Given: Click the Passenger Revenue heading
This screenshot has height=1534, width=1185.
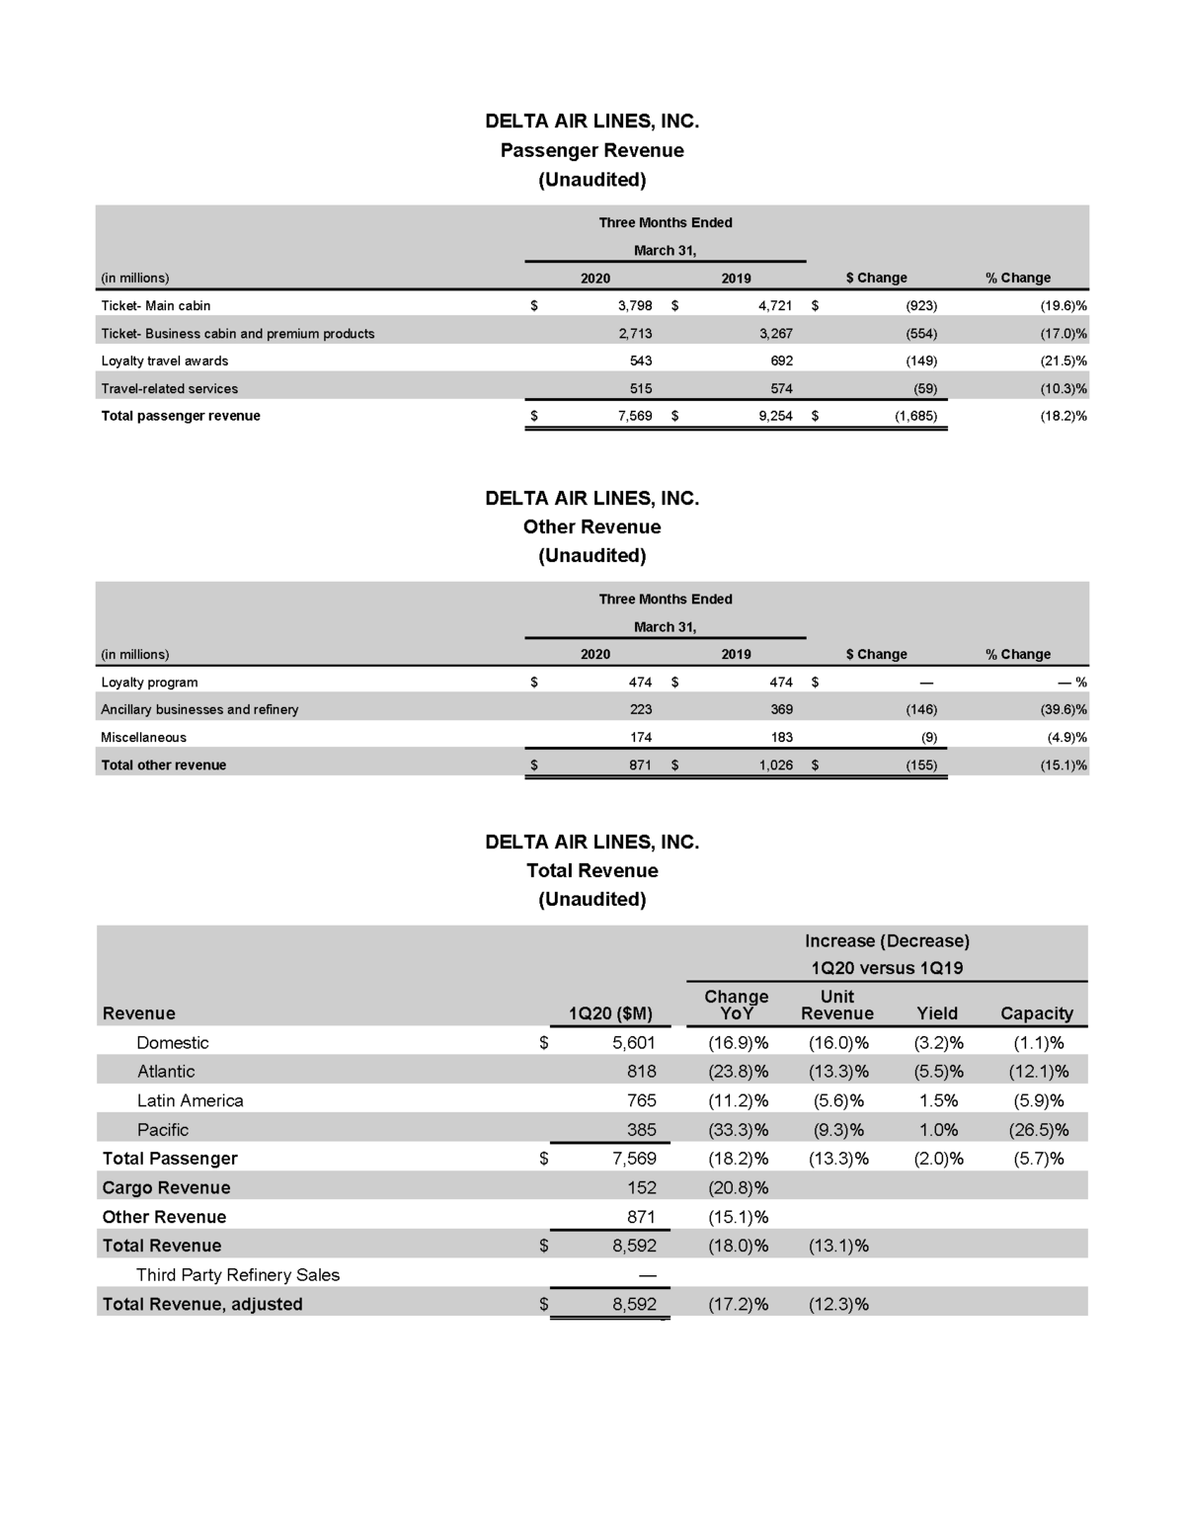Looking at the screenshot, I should click(592, 150).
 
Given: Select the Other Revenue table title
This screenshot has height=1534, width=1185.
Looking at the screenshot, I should click(592, 526).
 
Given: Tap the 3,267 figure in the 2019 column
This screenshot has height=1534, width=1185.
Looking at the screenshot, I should click(775, 334).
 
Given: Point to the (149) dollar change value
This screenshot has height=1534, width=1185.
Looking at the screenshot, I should click(921, 362).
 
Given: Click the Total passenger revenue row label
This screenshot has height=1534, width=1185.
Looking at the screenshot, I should click(181, 416).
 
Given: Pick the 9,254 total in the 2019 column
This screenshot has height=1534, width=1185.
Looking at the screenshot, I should click(775, 416).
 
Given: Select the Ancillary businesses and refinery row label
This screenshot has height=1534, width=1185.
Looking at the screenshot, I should click(199, 709).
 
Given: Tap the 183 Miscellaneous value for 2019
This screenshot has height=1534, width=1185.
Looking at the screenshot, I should click(781, 737).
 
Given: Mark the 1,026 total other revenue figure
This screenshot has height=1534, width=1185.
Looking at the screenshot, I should click(775, 766).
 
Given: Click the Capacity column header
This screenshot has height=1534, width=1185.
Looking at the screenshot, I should click(1036, 1013).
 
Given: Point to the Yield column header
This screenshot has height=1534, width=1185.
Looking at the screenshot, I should click(937, 1013).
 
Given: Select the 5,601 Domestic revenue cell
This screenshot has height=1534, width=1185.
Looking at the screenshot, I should click(634, 1043).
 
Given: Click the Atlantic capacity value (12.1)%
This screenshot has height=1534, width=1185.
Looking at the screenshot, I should click(1039, 1072).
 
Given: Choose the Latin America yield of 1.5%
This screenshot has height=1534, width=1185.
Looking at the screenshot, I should click(938, 1100).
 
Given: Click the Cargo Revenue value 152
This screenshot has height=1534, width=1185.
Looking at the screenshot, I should click(641, 1188).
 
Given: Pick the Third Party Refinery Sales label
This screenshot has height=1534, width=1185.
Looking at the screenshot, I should click(238, 1275).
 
